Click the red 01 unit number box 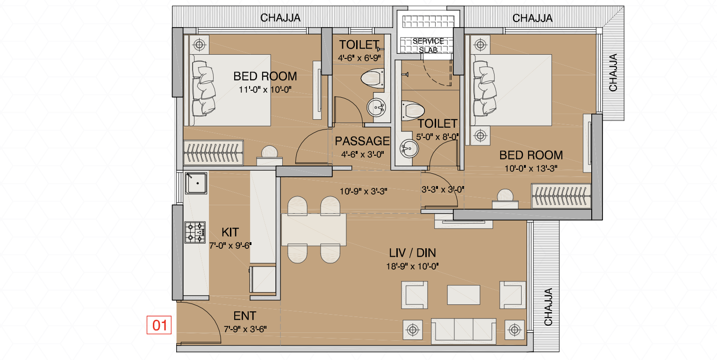159,325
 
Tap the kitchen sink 196,183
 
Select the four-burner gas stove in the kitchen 195,232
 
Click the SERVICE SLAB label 428,45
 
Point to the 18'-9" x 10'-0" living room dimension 412,266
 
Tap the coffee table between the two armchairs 464,295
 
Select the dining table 314,230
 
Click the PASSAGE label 362,141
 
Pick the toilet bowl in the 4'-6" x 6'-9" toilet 373,78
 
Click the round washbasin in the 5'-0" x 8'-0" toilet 409,149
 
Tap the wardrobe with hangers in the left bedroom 213,152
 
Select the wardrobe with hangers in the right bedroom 561,195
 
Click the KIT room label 230,232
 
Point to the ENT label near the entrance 245,316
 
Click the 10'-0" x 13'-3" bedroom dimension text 531,168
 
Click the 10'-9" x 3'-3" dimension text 363,192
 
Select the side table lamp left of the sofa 413,330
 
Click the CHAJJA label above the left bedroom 280,18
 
